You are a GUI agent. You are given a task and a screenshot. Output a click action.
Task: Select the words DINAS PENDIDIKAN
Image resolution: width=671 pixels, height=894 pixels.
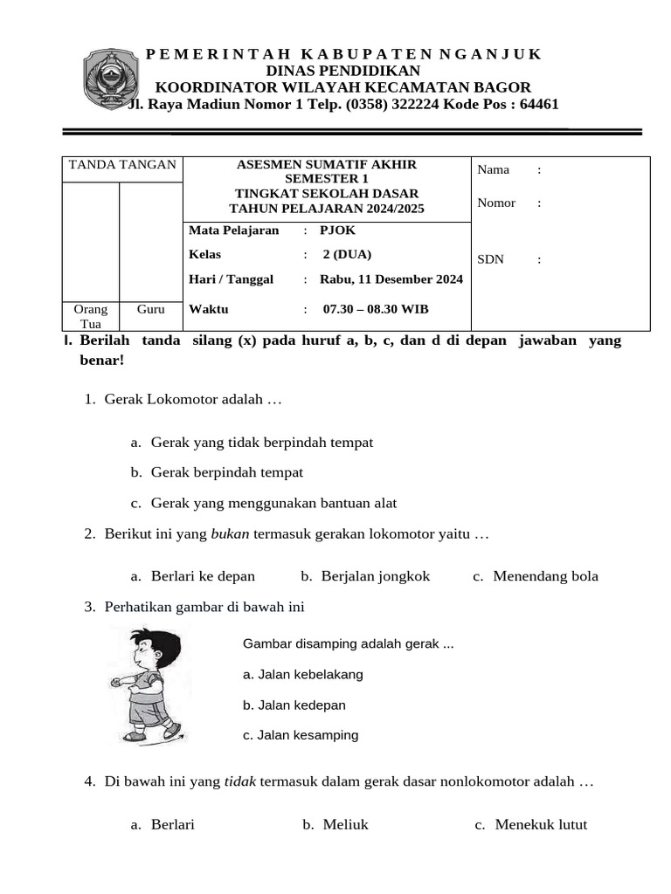click(342, 71)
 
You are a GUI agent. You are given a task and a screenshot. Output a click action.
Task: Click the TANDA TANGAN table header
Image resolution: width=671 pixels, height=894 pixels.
click(122, 165)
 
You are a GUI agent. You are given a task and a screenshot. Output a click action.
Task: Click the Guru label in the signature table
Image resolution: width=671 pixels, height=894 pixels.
click(150, 309)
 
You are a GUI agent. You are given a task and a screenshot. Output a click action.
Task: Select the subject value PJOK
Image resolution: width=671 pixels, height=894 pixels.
click(337, 230)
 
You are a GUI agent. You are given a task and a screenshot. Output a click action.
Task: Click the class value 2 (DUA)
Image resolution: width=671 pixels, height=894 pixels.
click(347, 255)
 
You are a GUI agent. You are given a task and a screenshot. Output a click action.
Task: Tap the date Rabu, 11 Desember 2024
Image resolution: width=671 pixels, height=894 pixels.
click(391, 279)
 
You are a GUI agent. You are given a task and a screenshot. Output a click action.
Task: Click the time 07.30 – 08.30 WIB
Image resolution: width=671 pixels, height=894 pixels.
click(376, 309)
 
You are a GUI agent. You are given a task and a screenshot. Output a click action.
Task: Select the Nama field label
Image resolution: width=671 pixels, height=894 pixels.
click(493, 169)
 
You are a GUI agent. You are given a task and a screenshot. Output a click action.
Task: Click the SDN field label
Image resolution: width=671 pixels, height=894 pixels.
click(490, 259)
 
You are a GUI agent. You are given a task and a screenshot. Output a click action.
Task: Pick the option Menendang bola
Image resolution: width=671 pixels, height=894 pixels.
click(545, 575)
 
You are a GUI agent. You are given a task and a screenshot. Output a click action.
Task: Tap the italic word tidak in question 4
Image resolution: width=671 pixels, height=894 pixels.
click(240, 782)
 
